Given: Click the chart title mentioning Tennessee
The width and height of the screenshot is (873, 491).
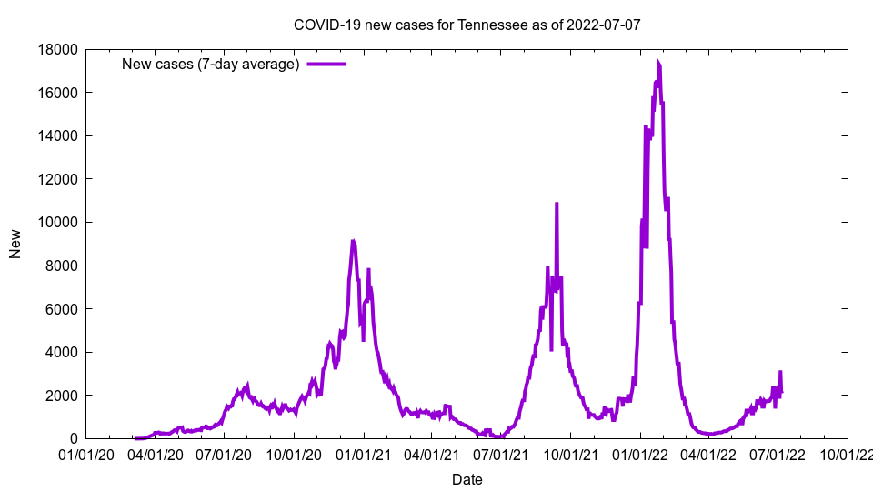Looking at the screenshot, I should pos(467,25).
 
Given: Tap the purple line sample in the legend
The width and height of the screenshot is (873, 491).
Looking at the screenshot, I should pos(326,64).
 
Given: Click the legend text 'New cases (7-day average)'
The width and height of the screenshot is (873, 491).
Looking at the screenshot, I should pos(210,64).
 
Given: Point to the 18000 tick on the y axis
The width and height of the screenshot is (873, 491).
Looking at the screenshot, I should pos(58,49).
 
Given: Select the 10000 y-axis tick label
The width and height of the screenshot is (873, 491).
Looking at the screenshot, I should pos(58,222).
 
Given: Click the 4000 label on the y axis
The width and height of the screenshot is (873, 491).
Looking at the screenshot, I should pos(62,352).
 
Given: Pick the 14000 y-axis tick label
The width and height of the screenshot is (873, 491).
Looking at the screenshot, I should pos(58,135).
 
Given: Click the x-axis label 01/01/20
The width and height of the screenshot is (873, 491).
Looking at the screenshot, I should pos(87,453).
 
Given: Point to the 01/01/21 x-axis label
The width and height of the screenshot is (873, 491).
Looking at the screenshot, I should pos(364,453).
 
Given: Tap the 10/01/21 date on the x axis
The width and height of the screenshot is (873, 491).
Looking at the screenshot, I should pos(570,453).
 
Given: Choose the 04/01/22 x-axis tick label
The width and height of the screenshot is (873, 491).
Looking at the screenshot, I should pos(708,453).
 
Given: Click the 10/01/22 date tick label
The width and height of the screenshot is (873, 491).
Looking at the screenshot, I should pos(847,453).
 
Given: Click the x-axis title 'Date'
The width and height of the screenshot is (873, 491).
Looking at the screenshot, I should pos(467,479).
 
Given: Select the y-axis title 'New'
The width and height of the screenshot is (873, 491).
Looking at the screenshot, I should pos(15,244).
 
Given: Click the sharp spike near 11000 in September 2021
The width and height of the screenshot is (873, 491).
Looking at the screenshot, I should pos(557,205).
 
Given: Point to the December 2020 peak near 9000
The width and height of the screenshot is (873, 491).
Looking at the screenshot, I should pos(353,241).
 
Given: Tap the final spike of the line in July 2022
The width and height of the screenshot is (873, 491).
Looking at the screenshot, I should pos(780,372).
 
